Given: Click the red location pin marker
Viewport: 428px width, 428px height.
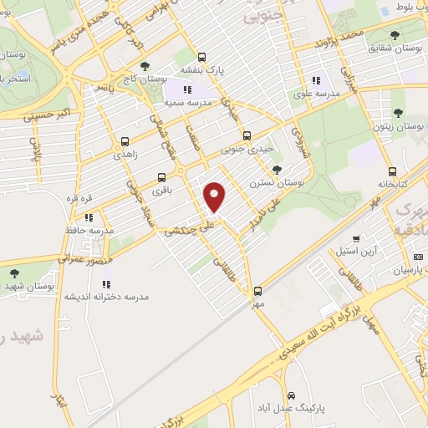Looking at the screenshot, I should (216, 196).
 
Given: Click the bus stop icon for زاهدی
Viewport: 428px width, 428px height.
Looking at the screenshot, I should (125, 141).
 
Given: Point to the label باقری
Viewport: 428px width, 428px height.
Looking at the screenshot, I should (160, 190).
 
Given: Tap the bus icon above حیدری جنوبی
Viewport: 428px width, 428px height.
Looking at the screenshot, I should (246, 135).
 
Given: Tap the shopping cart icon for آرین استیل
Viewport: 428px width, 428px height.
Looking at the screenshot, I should (356, 238).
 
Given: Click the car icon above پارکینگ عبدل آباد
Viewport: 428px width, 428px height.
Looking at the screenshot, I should (291, 395).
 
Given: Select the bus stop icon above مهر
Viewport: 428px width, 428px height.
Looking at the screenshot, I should (257, 291).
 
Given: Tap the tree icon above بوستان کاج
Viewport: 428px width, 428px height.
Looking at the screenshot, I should (145, 65).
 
